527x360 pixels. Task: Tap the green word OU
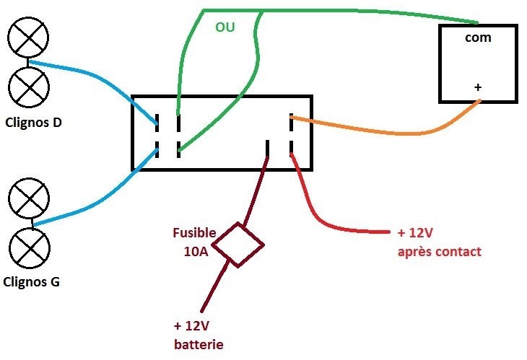[x=225, y=27]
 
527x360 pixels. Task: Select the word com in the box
[x=478, y=38]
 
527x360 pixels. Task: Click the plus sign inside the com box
[x=478, y=87]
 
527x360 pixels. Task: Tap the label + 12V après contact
[x=438, y=242]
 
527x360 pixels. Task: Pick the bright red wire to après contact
[x=339, y=228]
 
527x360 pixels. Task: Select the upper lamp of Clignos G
[x=30, y=196]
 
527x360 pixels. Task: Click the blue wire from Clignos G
[x=94, y=201]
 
